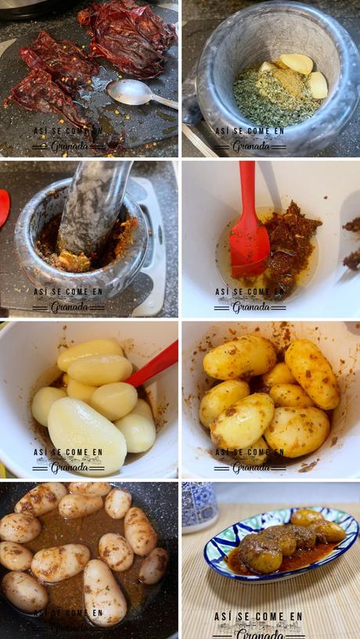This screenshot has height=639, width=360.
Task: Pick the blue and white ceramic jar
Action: (x=200, y=505)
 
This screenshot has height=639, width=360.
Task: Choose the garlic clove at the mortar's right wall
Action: (x=318, y=84)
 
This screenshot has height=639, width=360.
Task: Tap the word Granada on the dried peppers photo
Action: (x=70, y=145)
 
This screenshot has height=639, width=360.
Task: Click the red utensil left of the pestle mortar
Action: (x=4, y=207)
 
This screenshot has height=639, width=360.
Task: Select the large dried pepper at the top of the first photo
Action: (x=129, y=35)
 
